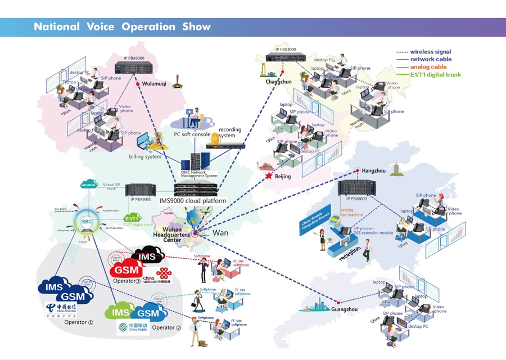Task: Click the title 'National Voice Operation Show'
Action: point(122,27)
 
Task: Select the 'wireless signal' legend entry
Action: point(430,52)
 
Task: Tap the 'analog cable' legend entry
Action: point(428,67)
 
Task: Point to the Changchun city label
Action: point(279,82)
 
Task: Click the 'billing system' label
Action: point(146,157)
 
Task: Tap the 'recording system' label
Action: point(229,133)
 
